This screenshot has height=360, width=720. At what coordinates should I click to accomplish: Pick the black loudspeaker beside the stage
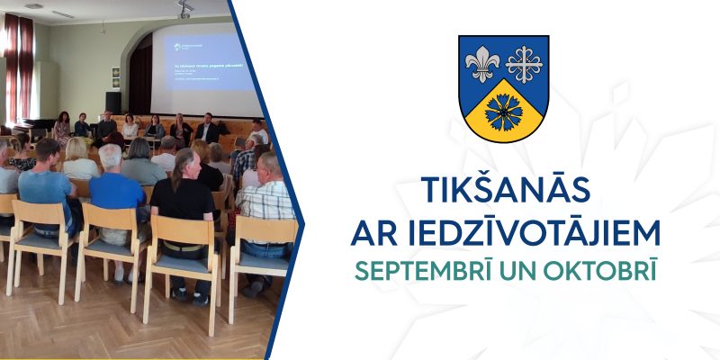click(113, 102)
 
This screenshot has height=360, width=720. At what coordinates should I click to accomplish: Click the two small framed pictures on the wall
click(116, 76)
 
